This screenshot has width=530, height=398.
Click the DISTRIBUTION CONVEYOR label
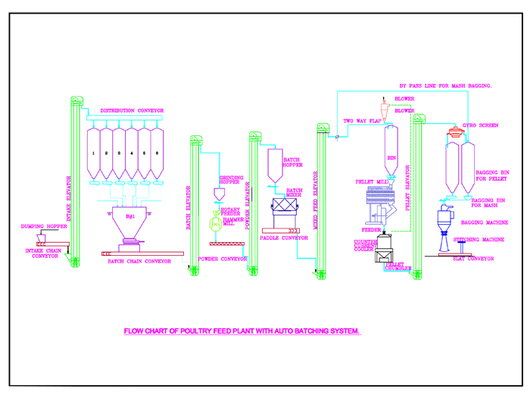(132, 111)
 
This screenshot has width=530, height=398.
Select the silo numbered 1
(93, 153)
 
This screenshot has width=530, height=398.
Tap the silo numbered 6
(157, 153)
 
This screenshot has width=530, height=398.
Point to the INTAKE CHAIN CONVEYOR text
(45, 253)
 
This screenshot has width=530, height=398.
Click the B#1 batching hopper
(130, 218)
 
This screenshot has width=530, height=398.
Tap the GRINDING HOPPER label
(230, 180)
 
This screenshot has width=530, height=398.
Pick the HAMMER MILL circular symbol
(217, 224)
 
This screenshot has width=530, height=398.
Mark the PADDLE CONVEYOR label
(283, 238)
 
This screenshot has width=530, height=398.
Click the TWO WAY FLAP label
(362, 121)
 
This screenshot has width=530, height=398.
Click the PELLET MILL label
(370, 182)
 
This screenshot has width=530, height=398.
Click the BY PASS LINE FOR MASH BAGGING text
(445, 86)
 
